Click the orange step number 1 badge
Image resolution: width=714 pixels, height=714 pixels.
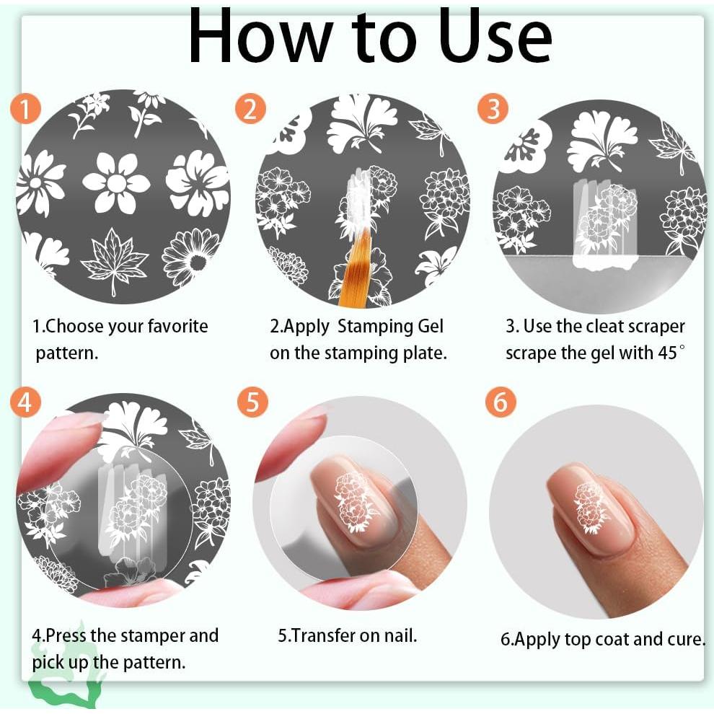[25, 110]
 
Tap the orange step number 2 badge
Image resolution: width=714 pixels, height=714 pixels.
[250, 110]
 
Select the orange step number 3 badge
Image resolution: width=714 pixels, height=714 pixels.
[493, 109]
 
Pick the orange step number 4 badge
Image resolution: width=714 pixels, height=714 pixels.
[25, 402]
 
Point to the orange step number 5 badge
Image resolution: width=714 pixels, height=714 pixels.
[252, 402]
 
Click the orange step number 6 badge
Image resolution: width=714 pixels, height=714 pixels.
[501, 402]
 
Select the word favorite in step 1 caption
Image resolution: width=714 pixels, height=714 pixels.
[178, 326]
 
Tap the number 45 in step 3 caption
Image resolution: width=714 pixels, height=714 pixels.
[667, 353]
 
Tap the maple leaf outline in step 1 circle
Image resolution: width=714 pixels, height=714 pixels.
[114, 260]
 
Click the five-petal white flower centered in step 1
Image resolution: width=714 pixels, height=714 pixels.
[117, 182]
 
